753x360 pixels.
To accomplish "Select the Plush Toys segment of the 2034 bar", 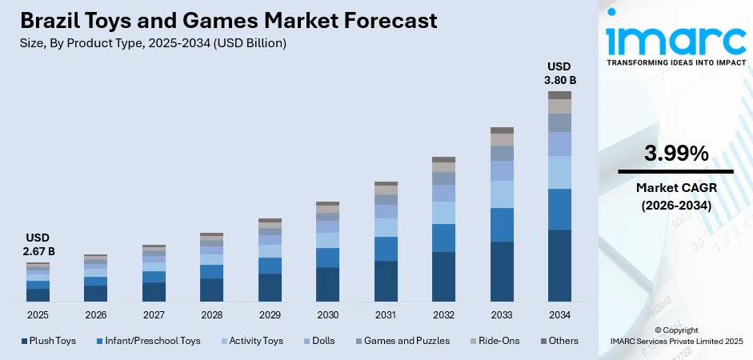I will coord(559,265).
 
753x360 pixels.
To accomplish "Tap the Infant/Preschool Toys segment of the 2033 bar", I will coord(502,225).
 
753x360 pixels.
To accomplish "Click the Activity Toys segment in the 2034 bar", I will coord(559,172).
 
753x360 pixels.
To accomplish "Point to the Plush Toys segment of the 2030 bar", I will coord(327,284).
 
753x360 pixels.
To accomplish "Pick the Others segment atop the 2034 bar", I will coord(559,95).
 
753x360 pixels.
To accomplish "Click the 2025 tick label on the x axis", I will coord(38,314).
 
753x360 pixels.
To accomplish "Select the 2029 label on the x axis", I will coord(270,314).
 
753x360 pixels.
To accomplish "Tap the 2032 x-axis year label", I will coord(443,314).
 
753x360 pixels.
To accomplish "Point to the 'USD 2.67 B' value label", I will coord(38,244).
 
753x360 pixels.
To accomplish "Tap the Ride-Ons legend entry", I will coord(494,341).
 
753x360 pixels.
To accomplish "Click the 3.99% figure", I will coord(675,153).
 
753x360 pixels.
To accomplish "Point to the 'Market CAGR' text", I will coord(675,188).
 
